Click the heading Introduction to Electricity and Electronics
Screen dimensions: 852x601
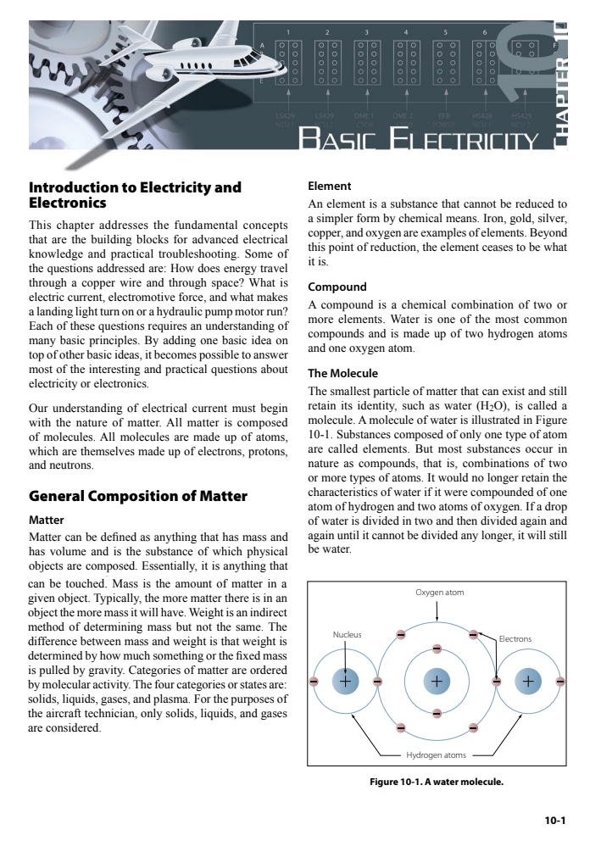click(135, 195)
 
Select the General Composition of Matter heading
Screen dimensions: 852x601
click(138, 496)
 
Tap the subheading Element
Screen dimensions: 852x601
click(329, 187)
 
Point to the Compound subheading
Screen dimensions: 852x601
click(337, 287)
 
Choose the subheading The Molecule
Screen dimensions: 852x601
click(342, 373)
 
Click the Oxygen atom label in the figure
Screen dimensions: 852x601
click(439, 593)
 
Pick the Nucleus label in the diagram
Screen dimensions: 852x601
click(347, 634)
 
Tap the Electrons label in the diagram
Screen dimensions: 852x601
click(515, 638)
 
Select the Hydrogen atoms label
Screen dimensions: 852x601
click(436, 755)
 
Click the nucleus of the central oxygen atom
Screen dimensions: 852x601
click(436, 681)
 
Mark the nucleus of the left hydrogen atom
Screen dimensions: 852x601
click(345, 681)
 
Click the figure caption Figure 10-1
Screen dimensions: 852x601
click(437, 782)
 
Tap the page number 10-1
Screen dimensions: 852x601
click(555, 820)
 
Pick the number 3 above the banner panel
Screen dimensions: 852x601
click(366, 31)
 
